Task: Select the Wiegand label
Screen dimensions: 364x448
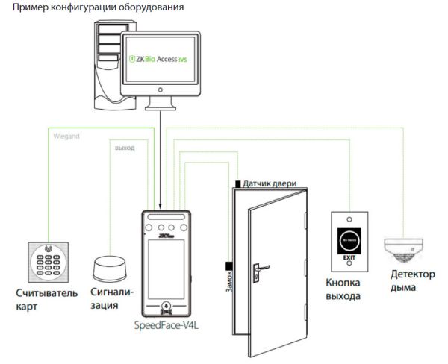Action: pyautogui.click(x=67, y=137)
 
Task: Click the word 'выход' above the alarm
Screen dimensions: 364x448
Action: pyautogui.click(x=125, y=148)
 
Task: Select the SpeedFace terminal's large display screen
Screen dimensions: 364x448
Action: pyautogui.click(x=166, y=265)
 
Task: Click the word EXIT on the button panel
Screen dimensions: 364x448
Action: pyautogui.click(x=349, y=258)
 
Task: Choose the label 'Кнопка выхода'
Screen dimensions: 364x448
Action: pyautogui.click(x=343, y=290)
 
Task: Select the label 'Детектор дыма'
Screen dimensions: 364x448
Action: pyautogui.click(x=412, y=280)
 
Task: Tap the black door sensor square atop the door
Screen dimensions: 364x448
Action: pyautogui.click(x=237, y=183)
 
